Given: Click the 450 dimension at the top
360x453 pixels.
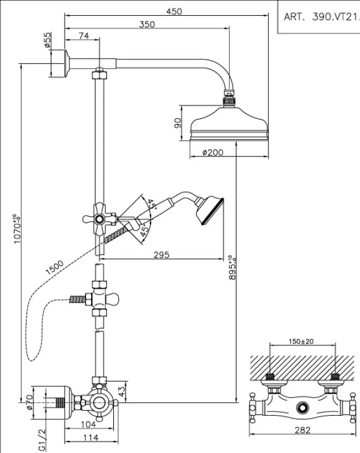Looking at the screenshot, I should click(x=174, y=11).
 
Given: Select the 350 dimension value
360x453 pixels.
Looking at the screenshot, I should click(x=148, y=24).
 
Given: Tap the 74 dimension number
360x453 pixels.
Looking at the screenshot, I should click(x=83, y=36).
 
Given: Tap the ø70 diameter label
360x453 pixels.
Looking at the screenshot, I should click(x=29, y=404).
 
